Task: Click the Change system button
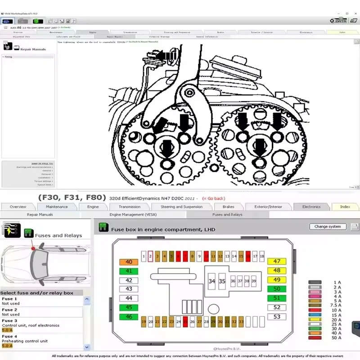(x=328, y=226)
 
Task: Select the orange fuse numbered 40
(x=129, y=262)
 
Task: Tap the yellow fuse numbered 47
(x=277, y=261)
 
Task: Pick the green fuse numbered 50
(x=277, y=289)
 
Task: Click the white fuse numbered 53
(x=277, y=317)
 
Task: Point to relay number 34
(x=211, y=281)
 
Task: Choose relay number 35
(x=222, y=281)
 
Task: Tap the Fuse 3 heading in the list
(x=10, y=321)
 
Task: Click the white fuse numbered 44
(x=129, y=298)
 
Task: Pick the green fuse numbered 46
(x=129, y=317)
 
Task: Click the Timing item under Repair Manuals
(x=9, y=57)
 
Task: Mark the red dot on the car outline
(x=33, y=248)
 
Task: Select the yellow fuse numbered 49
(x=277, y=280)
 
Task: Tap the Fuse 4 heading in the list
(x=10, y=336)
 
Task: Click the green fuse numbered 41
(x=129, y=271)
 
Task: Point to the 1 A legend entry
(x=337, y=282)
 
